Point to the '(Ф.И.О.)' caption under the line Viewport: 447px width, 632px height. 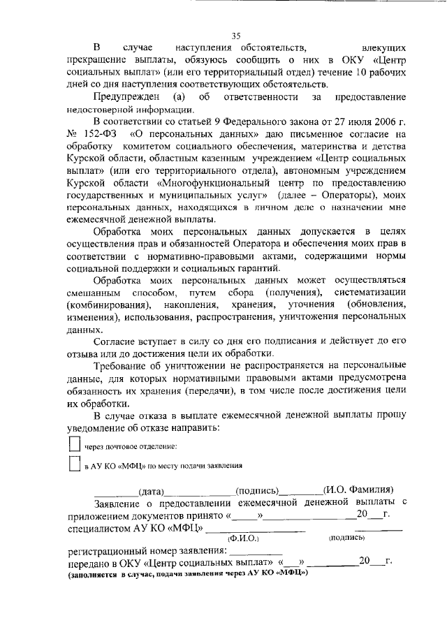click(244, 538)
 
